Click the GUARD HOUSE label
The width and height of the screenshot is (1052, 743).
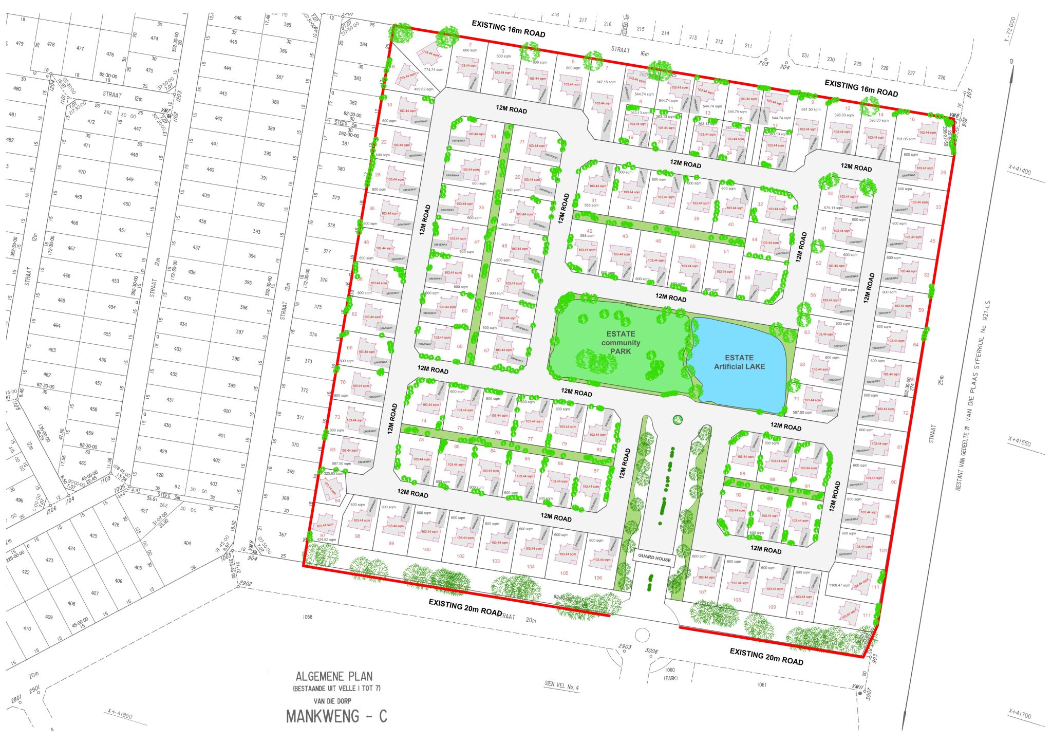point(654,558)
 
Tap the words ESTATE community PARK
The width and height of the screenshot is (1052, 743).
point(621,343)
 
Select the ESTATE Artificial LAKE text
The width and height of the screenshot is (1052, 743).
point(739,362)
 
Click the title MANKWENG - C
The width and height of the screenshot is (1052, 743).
point(336,716)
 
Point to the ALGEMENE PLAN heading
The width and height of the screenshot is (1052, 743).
point(334,677)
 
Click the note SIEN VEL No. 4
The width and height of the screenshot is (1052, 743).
point(561,686)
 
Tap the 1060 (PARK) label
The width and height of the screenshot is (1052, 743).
point(670,674)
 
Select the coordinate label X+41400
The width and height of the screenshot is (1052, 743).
point(1020,170)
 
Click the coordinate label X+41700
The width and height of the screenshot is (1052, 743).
point(1020,714)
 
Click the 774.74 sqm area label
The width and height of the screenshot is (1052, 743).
point(434,69)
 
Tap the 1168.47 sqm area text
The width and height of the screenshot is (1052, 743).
point(839,585)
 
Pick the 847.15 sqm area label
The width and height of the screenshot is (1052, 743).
point(606,82)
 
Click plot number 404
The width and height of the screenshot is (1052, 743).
point(187,543)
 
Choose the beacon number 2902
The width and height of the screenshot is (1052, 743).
point(246,583)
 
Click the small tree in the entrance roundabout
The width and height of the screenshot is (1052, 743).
point(678,419)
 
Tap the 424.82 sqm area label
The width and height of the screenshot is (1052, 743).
point(327,540)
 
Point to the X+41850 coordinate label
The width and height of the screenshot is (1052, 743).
point(120,714)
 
